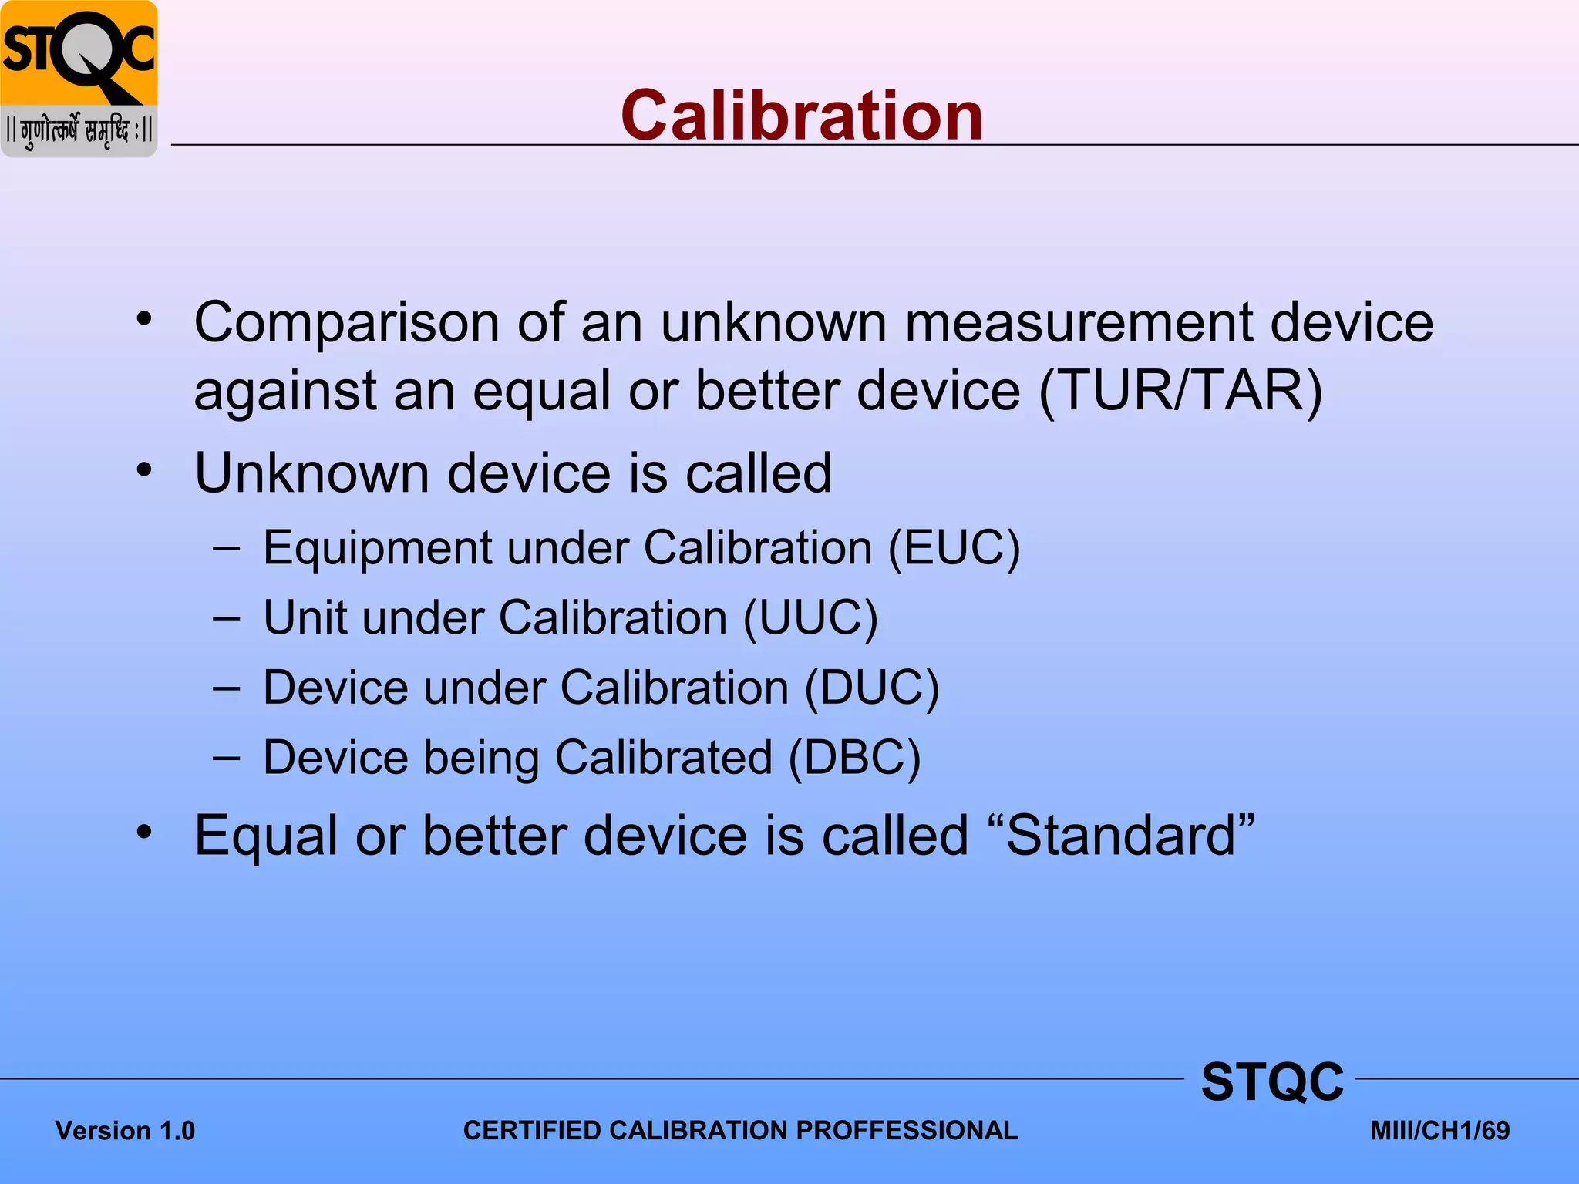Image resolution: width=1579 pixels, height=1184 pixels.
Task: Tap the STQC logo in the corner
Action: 79,79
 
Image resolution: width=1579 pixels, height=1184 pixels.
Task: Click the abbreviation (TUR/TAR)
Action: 1180,391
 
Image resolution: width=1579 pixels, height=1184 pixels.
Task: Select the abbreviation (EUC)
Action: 954,549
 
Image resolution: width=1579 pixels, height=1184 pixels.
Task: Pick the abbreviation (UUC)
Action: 810,618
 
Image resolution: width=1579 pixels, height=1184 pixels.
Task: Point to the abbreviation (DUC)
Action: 872,688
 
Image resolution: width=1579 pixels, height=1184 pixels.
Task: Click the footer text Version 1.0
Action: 125,1131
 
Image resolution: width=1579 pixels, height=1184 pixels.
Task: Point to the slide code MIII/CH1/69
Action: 1439,1131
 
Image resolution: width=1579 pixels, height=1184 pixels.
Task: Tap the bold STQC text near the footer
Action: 1272,1081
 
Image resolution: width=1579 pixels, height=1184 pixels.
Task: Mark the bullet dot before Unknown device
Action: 144,469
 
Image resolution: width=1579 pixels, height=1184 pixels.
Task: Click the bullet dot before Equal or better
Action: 144,832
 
